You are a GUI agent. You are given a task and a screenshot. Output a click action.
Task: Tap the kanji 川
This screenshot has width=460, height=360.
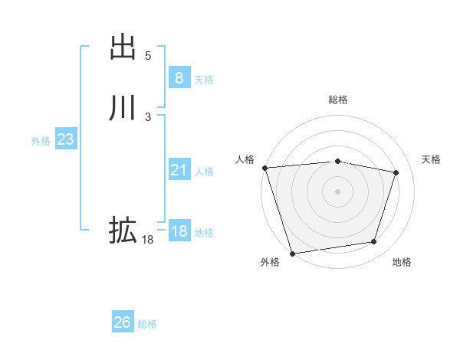click(123, 108)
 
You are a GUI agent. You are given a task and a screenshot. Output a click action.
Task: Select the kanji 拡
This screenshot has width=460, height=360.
click(123, 230)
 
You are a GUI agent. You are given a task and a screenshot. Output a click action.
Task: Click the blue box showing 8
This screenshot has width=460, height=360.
click(179, 78)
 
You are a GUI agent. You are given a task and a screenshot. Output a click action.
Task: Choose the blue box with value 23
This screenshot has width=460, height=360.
click(65, 140)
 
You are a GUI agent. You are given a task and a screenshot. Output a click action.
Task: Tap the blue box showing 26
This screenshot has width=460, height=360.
click(122, 322)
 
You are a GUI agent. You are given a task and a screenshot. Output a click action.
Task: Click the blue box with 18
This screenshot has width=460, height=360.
click(179, 231)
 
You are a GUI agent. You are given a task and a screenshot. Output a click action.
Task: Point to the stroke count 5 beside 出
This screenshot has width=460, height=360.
click(148, 56)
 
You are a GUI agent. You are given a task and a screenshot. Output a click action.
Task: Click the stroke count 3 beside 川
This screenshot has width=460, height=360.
click(148, 117)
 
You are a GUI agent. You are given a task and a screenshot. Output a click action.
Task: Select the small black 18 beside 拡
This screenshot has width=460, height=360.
click(147, 240)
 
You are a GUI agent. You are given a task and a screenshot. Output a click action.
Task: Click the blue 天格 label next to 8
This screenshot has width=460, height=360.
click(204, 80)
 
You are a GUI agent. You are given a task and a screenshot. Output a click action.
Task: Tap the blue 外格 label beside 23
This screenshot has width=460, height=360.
click(41, 141)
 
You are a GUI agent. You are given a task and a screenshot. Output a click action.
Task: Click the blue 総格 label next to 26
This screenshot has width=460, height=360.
click(147, 324)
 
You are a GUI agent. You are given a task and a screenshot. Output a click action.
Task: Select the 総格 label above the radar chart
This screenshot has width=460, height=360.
click(337, 100)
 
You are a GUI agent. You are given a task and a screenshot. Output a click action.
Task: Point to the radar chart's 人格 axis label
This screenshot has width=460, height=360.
click(245, 159)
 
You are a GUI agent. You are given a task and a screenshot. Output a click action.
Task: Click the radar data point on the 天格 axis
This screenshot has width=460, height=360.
click(396, 172)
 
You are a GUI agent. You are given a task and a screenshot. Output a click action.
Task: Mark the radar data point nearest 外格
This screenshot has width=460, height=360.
click(292, 252)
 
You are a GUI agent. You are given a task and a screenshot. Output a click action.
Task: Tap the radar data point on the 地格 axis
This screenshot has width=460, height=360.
click(374, 242)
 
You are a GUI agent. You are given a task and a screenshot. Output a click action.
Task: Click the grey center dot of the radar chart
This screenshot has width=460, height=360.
click(337, 191)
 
